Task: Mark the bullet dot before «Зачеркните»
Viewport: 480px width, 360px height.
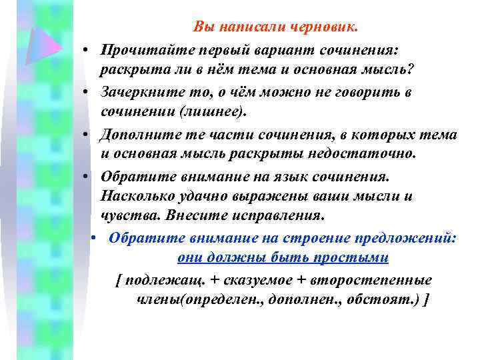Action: point(87,93)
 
